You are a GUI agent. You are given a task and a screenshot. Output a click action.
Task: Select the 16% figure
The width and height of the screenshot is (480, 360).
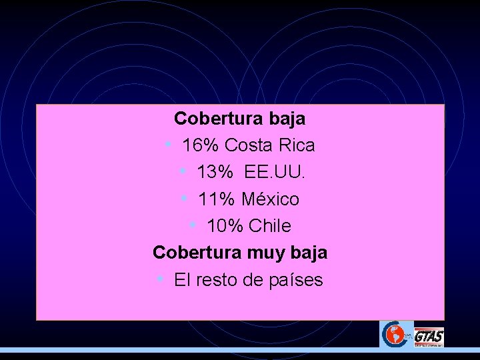click(x=201, y=145)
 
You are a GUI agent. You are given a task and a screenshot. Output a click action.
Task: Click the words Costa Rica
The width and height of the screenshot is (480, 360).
click(x=270, y=145)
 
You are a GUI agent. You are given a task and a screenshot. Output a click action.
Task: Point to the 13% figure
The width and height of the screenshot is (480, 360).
click(x=215, y=173)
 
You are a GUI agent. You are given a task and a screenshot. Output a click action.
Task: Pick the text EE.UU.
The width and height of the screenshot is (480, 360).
click(x=275, y=173)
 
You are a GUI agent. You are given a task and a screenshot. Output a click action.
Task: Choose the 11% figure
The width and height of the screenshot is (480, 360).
click(x=217, y=199)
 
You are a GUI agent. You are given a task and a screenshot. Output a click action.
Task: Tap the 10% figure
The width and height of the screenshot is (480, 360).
click(x=225, y=227)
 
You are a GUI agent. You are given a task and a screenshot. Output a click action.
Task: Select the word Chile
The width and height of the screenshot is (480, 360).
click(x=270, y=227)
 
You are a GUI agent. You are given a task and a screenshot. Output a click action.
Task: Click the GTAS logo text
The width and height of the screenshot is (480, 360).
click(x=429, y=337)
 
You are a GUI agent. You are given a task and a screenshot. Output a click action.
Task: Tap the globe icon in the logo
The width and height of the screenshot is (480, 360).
click(x=395, y=334)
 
